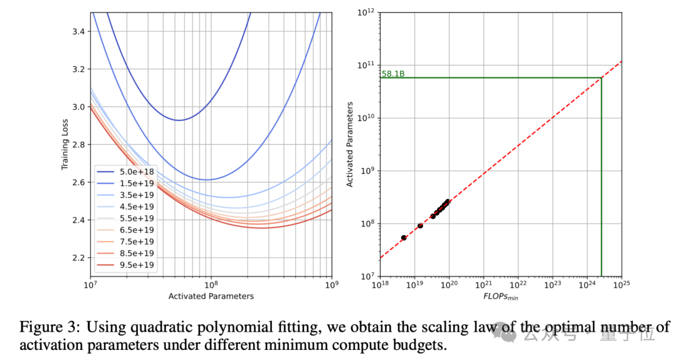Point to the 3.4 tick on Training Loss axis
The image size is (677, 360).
click(x=80, y=31)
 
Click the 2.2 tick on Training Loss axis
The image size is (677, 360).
click(x=80, y=258)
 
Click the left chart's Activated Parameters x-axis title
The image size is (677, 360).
click(x=211, y=296)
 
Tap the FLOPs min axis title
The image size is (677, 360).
click(x=500, y=296)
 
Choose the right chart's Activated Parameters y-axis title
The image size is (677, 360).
click(x=352, y=144)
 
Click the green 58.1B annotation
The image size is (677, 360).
click(x=393, y=74)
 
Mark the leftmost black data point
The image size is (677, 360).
click(x=404, y=238)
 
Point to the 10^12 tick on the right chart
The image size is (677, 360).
click(x=365, y=12)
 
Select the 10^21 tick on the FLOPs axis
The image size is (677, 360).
click(x=483, y=285)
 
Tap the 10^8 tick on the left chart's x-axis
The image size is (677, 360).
click(x=211, y=285)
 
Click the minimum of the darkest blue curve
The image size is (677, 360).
click(x=179, y=120)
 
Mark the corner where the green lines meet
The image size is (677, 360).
click(x=601, y=78)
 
